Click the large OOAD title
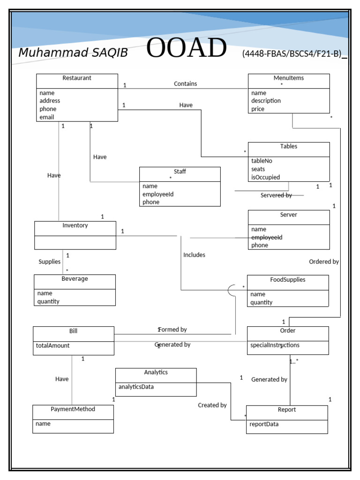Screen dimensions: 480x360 [186, 49]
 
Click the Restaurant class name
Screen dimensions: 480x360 [77, 78]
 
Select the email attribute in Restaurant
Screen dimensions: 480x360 [47, 117]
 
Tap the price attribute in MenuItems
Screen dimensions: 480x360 [258, 109]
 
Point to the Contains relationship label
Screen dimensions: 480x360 [186, 84]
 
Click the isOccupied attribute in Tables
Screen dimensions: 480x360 [265, 177]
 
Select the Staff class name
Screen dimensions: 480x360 [180, 172]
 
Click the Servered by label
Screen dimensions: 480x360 [276, 195]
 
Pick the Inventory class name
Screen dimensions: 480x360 [75, 225]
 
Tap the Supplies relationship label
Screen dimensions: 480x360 [50, 262]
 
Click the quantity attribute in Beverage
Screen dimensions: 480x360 [48, 301]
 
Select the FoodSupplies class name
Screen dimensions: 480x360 [287, 280]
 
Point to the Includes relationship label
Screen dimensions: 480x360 [194, 255]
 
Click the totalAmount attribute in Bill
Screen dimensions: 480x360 [52, 345]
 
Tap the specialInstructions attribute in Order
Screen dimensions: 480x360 [275, 345]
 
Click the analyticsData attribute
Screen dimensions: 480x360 [136, 387]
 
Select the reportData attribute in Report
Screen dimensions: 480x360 [264, 424]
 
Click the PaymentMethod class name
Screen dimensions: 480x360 [73, 409]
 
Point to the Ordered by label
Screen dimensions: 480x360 [324, 262]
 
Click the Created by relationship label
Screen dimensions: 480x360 [212, 405]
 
